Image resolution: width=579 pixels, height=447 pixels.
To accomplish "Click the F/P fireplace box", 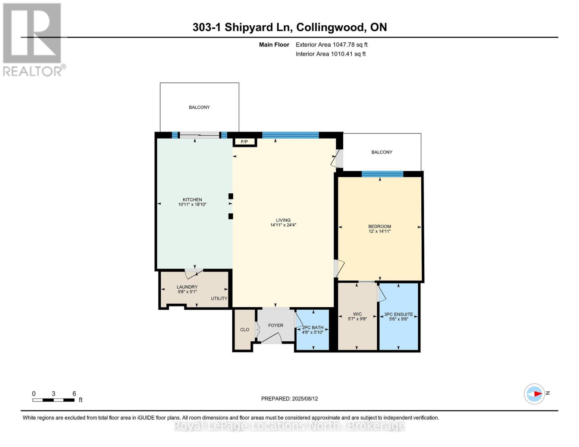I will [244, 142].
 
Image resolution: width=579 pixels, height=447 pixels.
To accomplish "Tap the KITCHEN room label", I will [192, 200].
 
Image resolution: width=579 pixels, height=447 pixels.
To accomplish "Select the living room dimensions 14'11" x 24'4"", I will [283, 225].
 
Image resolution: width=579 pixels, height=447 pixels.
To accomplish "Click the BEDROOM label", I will [380, 226].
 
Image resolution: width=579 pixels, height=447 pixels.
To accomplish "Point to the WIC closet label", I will [357, 314].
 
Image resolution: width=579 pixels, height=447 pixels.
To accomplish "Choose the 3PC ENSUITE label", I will [399, 314].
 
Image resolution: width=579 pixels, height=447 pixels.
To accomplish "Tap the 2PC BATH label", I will [312, 327].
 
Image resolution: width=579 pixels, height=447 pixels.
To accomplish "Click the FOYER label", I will [276, 325].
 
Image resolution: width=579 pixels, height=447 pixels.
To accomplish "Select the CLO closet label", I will [245, 330].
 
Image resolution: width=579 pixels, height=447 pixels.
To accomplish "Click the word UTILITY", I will [219, 298].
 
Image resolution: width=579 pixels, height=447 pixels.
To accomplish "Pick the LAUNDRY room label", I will [187, 287].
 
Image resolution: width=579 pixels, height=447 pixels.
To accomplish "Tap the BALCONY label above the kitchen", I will [199, 107].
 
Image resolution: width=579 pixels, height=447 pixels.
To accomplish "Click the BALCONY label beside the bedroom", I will [382, 152].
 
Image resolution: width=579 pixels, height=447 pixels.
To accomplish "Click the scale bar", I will [53, 400].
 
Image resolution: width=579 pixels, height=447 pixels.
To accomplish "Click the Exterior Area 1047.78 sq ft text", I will [331, 45].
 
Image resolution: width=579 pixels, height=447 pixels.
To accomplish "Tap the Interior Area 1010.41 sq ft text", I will [330, 54].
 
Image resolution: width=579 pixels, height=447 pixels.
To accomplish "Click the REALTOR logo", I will [33, 39].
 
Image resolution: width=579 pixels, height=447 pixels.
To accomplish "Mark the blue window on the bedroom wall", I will [383, 174].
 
